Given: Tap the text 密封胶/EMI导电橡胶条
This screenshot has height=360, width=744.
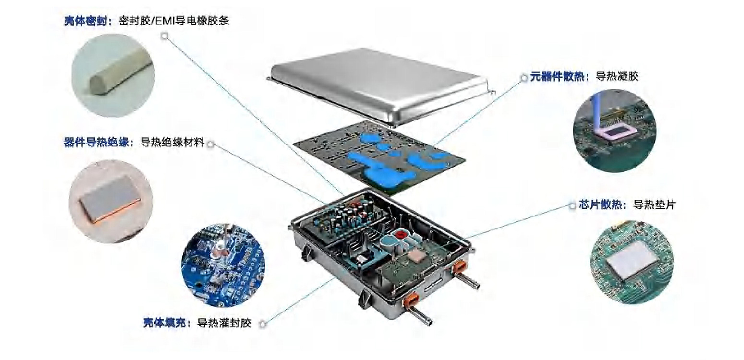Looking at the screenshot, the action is [x=174, y=21].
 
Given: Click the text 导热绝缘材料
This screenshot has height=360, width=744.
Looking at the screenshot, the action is [x=172, y=142].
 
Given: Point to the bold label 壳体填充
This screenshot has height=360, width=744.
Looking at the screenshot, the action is [x=164, y=323].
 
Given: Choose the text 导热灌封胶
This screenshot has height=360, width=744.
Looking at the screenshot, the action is [x=224, y=323].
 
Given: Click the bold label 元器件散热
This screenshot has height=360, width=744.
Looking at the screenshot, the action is [x=557, y=76].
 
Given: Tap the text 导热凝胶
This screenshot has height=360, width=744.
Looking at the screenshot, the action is [x=617, y=76].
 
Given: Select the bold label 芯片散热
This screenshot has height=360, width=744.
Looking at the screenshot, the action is [x=600, y=204].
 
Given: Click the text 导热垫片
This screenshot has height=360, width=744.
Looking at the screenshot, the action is [x=654, y=204].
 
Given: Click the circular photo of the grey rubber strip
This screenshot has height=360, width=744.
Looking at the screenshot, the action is [x=113, y=75].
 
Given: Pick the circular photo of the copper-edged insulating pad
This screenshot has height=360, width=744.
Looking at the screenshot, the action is [x=110, y=202].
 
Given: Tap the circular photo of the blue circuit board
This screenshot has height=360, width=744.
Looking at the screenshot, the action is [x=223, y=265].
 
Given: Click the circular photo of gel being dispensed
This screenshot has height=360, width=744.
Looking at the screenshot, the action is [x=614, y=131].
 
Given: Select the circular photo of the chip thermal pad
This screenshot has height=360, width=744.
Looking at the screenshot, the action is [x=632, y=263].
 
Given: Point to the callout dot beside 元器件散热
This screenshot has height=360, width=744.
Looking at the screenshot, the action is [x=524, y=78].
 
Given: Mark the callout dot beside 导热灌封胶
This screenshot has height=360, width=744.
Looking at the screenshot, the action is [x=263, y=324].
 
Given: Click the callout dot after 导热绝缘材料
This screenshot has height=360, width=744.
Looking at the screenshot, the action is [x=211, y=144].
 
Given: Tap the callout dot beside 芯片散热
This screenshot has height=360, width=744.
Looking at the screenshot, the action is [x=572, y=206].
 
